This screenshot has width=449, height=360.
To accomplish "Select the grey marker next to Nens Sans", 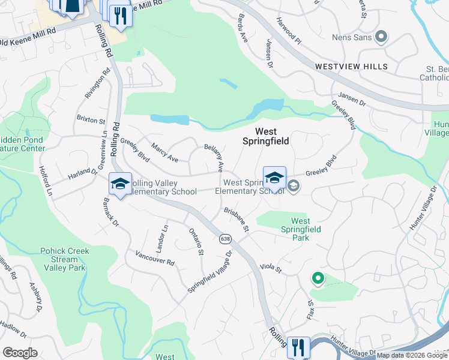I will tap(381, 38).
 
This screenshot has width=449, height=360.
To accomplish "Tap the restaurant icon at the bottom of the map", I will tap(298, 347).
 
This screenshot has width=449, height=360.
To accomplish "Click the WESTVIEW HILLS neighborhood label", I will tap(351, 67).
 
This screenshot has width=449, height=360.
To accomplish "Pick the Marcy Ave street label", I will tap(164, 152).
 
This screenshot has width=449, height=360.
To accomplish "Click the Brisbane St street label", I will tap(236, 220).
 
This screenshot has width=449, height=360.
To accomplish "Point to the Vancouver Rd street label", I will tap(154, 258).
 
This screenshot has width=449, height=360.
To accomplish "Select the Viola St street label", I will tap(271, 268).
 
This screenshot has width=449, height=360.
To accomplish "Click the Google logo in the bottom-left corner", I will tap(20, 352).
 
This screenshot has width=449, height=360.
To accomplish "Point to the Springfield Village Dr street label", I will tap(209, 272).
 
